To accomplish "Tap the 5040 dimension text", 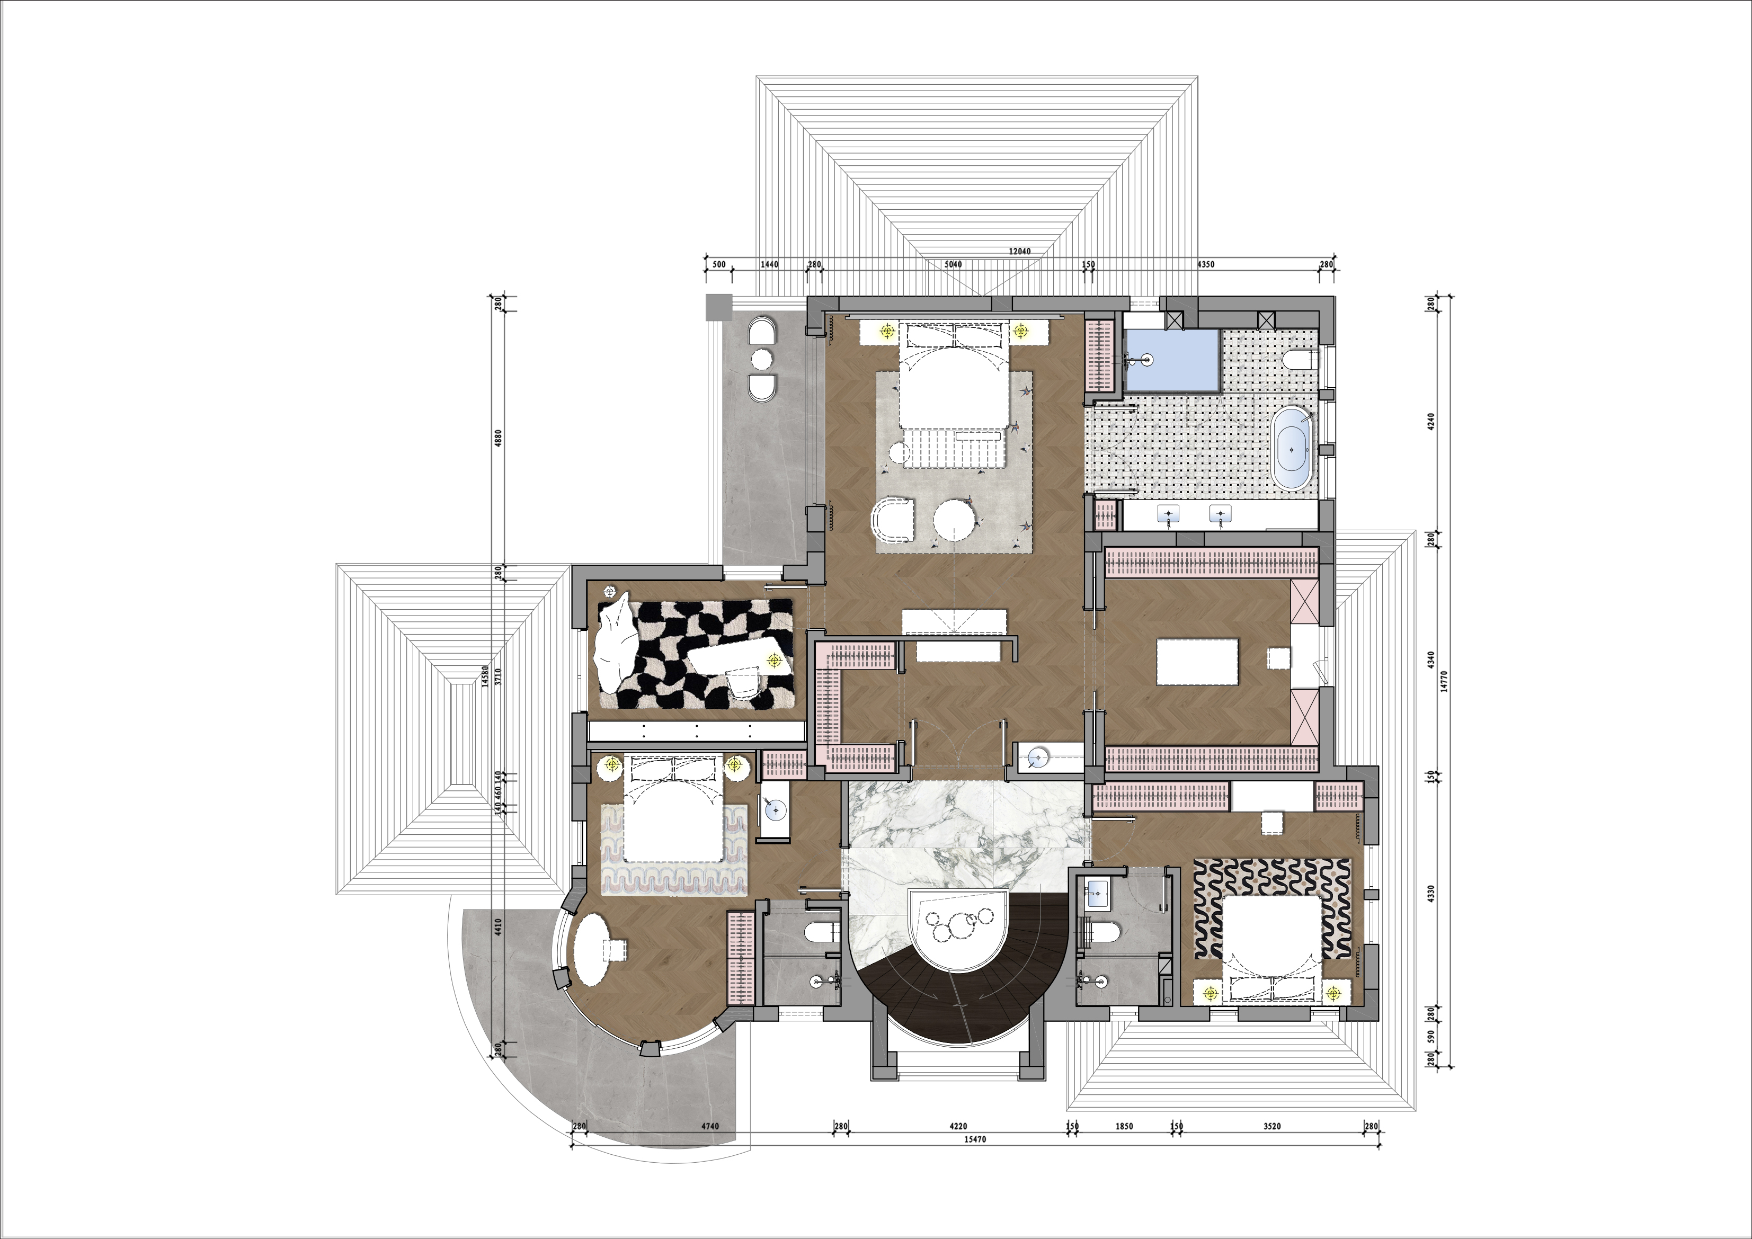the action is click(x=953, y=265).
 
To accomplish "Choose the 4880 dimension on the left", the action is click(x=499, y=438).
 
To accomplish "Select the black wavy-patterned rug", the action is click(x=1273, y=908).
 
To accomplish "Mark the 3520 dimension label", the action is click(x=1272, y=1126).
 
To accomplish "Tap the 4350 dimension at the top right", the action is click(x=1206, y=265).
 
